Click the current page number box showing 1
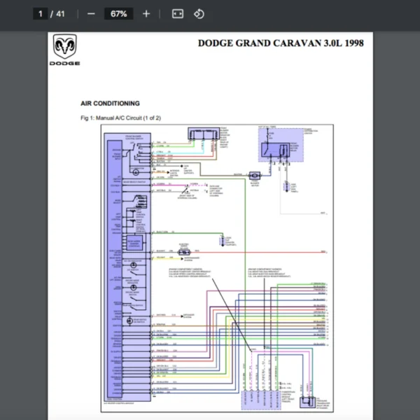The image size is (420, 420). point(41,13)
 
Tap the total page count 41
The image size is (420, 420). point(60,13)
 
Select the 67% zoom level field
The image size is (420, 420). point(118,13)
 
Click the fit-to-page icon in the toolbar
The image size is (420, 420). point(177,13)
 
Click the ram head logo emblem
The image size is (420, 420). point(64,48)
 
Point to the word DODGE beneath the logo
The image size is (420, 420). point(64,64)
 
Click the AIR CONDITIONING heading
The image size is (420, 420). point(110,104)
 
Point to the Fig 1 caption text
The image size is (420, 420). point(120,118)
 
